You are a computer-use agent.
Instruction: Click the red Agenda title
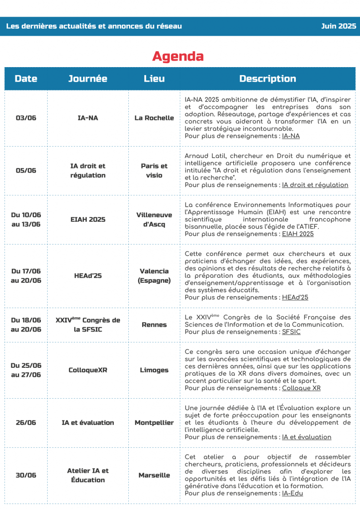[178, 57]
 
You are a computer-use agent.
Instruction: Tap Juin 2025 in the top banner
[338, 26]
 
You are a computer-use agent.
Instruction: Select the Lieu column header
[154, 79]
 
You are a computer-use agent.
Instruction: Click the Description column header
[268, 79]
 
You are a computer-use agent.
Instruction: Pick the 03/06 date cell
[26, 118]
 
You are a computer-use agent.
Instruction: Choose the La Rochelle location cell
[154, 118]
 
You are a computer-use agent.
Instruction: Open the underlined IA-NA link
[290, 136]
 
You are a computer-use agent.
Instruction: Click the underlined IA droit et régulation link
[315, 185]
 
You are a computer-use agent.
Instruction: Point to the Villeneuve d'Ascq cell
[154, 220]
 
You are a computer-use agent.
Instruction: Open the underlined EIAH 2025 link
[297, 234]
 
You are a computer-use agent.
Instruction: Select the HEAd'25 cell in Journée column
[88, 275]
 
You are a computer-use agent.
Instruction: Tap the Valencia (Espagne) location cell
[154, 276]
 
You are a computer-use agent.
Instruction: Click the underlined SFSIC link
[291, 332]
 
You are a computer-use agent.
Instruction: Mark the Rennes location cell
[154, 325]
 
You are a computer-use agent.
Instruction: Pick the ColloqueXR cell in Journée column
[88, 370]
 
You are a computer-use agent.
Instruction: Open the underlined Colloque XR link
[301, 388]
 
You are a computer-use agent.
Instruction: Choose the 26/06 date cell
[26, 423]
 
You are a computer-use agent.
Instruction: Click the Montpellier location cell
[154, 423]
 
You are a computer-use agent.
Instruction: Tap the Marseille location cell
[154, 475]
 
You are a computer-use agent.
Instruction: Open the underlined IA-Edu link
[292, 493]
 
